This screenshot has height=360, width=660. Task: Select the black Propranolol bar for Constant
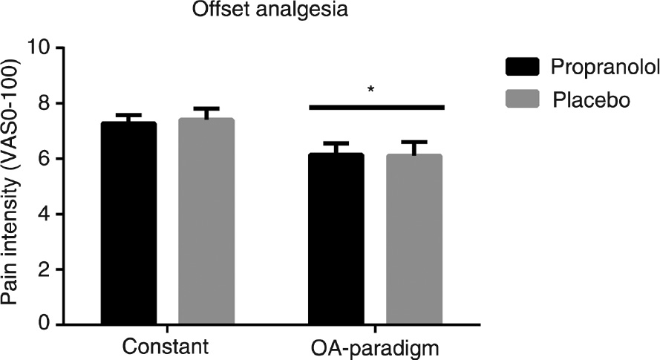pos(128,223)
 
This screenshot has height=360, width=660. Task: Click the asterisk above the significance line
pos(370,91)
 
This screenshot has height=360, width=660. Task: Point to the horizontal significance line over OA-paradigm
pos(376,108)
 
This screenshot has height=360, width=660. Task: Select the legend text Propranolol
pos(604,68)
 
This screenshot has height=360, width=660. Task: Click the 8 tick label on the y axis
pos(48,104)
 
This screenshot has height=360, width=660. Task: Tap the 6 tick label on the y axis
pos(48,160)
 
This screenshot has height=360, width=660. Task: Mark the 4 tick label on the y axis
pos(48,215)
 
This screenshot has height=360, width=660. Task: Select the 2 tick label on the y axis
pos(48,270)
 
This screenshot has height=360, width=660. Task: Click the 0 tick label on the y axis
pos(48,325)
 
